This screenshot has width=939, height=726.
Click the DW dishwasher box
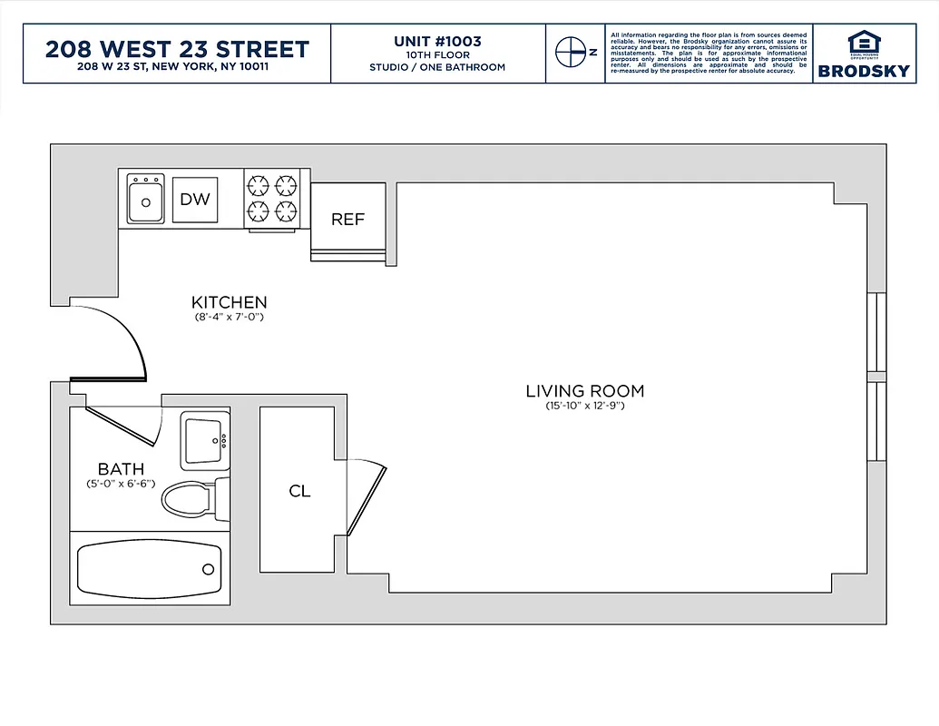(x=195, y=199)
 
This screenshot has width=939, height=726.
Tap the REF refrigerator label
(x=347, y=220)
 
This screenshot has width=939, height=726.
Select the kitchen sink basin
(x=145, y=200)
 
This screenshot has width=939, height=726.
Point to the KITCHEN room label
(x=229, y=302)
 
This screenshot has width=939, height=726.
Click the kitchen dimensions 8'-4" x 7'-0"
(x=229, y=318)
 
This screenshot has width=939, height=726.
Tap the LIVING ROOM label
(x=584, y=391)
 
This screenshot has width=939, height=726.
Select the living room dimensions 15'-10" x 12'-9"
(x=584, y=406)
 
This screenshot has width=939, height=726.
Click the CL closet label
(x=299, y=491)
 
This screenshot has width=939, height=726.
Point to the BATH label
(x=120, y=469)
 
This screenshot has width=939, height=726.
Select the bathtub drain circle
(x=208, y=569)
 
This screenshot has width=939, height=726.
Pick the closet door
(x=368, y=499)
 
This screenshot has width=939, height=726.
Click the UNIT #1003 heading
(x=437, y=41)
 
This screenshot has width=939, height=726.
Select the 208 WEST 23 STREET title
(x=177, y=48)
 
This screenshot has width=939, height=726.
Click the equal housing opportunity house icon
(x=863, y=41)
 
